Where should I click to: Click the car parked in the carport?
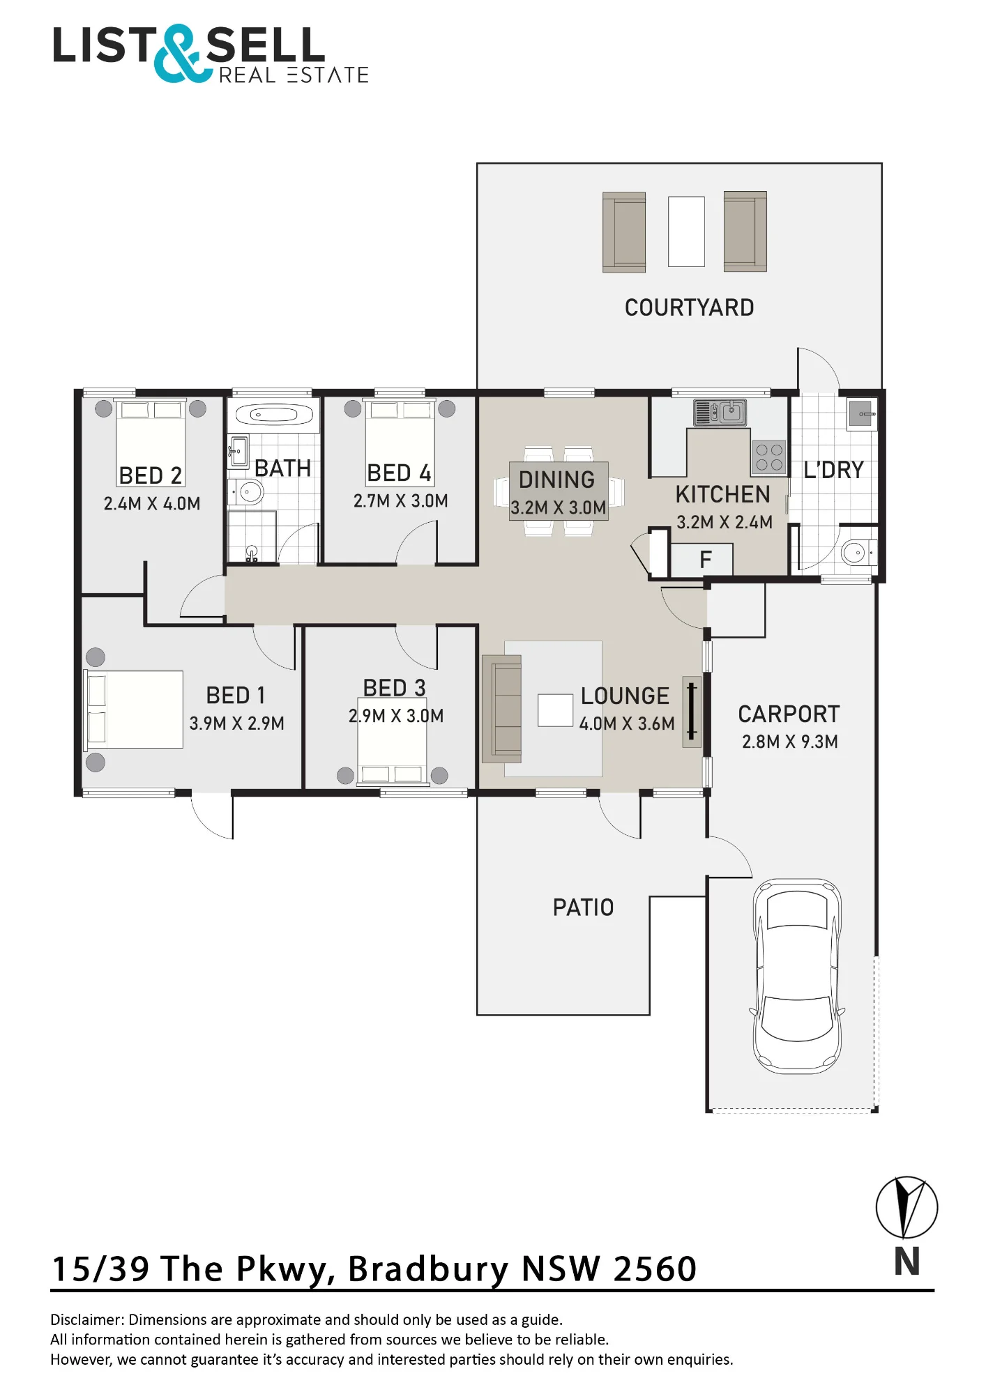pyautogui.click(x=797, y=976)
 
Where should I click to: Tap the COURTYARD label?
pyautogui.click(x=689, y=307)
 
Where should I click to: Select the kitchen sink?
pyautogui.click(x=720, y=412)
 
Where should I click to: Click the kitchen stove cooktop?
pyautogui.click(x=769, y=457)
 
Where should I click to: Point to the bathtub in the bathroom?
pyautogui.click(x=273, y=415)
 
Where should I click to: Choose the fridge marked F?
pyautogui.click(x=701, y=559)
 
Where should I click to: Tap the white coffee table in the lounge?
pyautogui.click(x=556, y=710)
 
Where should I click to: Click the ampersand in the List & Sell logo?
pyautogui.click(x=181, y=54)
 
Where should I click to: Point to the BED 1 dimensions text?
pyautogui.click(x=237, y=723)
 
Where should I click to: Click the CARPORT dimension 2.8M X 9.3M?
pyautogui.click(x=790, y=742)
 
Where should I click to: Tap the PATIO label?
pyautogui.click(x=584, y=907)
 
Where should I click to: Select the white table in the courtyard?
pyautogui.click(x=686, y=231)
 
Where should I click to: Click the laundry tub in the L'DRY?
pyautogui.click(x=862, y=414)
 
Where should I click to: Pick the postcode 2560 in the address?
pyautogui.click(x=655, y=1269)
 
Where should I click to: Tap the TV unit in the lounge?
pyautogui.click(x=692, y=712)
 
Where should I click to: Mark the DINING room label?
pyautogui.click(x=557, y=480)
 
